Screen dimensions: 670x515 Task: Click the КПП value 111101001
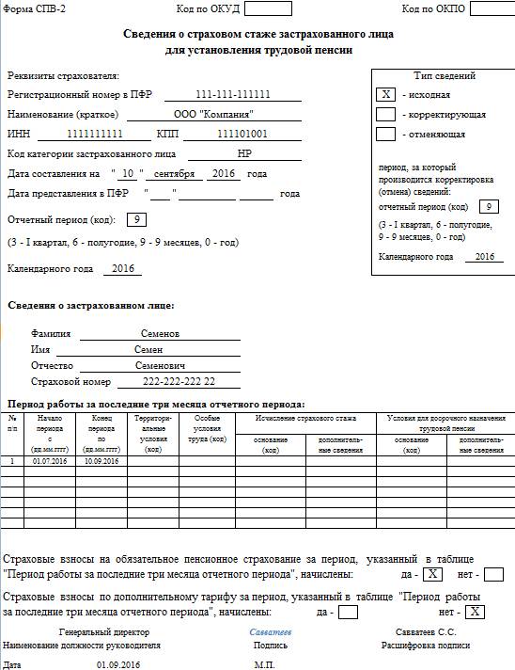tap(242, 134)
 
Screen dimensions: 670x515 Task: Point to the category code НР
tap(245, 152)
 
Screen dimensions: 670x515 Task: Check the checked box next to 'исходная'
tap(385, 94)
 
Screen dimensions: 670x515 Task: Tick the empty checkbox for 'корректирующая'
tap(385, 114)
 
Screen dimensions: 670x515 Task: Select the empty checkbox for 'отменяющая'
tap(385, 134)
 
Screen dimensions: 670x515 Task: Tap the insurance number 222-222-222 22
tap(179, 381)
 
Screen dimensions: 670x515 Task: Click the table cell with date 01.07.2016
tap(50, 461)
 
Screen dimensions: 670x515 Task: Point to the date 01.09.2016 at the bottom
tap(118, 663)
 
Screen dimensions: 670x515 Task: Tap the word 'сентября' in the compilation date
tap(176, 174)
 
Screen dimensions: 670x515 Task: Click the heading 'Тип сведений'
tap(445, 75)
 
